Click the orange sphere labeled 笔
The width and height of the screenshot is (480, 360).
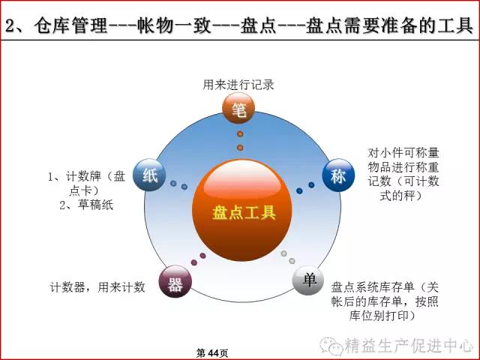tap(238, 108)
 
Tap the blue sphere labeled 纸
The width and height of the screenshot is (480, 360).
tap(150, 175)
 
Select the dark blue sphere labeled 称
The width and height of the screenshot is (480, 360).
tap(338, 175)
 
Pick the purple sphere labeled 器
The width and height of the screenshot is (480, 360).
tap(175, 282)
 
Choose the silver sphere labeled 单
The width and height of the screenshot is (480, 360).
tap(308, 280)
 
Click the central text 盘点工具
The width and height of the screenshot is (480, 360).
tap(244, 212)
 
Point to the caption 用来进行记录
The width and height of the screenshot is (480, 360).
tap(238, 85)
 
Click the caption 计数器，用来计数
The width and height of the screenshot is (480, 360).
tap(97, 287)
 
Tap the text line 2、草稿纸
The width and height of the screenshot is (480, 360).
tap(86, 205)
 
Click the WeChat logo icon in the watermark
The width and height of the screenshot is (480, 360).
tap(331, 346)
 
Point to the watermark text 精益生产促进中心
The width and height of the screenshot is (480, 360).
tap(409, 346)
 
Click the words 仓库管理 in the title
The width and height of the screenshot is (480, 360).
tap(70, 25)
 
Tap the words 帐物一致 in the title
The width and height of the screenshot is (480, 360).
tap(174, 25)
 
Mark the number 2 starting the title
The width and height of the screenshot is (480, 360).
tap(10, 25)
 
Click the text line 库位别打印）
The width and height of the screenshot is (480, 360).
tap(382, 316)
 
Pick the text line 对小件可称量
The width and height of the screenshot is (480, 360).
tap(403, 152)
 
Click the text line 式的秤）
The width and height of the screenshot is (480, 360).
tap(400, 195)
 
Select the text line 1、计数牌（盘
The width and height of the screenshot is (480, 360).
tap(87, 176)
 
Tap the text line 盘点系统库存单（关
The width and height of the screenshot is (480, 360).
tap(385, 287)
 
